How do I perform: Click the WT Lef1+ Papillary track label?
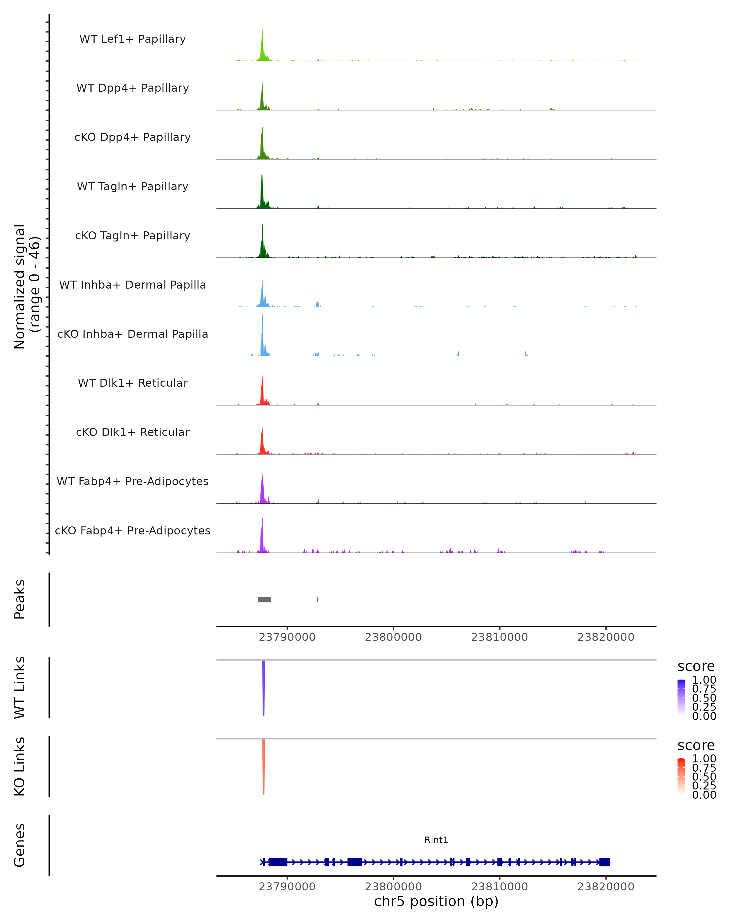pyautogui.click(x=133, y=39)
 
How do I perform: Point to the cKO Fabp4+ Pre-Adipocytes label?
pyautogui.click(x=133, y=530)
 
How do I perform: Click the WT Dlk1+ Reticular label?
pyautogui.click(x=133, y=383)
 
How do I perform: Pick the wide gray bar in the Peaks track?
pyautogui.click(x=264, y=599)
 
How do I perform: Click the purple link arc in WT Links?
pyautogui.click(x=264, y=689)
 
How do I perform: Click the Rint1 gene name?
pyautogui.click(x=436, y=840)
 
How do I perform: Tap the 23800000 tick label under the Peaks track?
pyautogui.click(x=393, y=637)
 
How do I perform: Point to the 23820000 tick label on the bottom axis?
pyautogui.click(x=605, y=886)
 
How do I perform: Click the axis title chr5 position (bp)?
pyautogui.click(x=436, y=901)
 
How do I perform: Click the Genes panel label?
pyautogui.click(x=20, y=845)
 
